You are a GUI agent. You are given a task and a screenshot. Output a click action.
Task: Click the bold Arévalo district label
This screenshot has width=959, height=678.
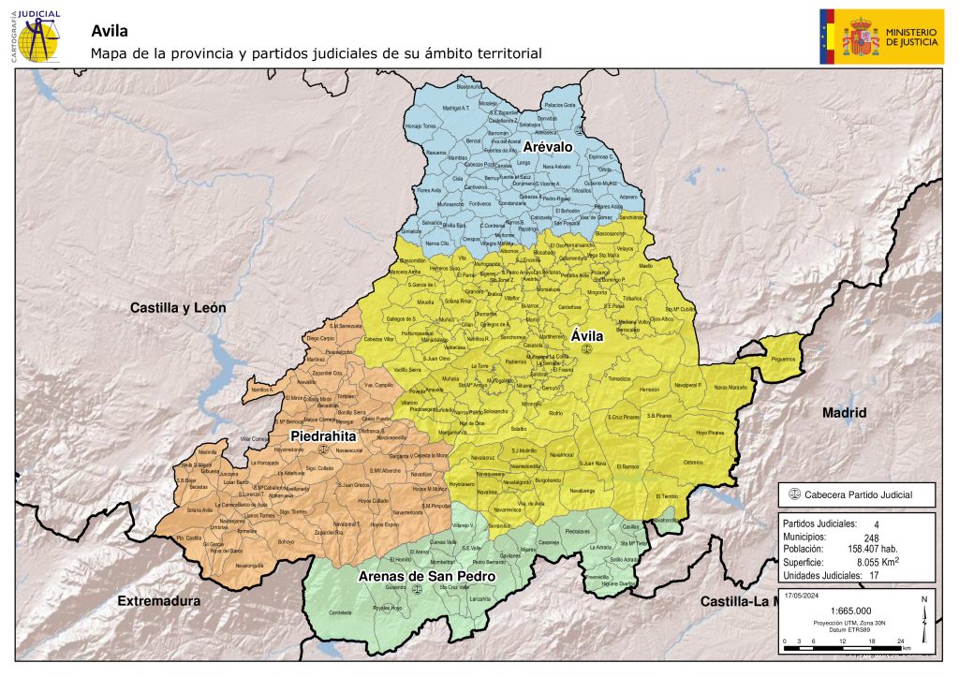pos(548,148)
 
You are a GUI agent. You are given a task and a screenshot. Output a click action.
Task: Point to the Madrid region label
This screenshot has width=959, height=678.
pos(845,412)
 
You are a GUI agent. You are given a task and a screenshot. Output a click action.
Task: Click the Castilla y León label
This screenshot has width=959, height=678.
pos(178,307)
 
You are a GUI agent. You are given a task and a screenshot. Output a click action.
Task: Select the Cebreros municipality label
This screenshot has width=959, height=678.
pos(692,462)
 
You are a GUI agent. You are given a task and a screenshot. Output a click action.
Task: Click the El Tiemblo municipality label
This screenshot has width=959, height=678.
pos(667,495)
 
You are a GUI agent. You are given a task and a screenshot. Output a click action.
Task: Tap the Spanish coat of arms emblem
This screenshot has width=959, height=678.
pos(859,37)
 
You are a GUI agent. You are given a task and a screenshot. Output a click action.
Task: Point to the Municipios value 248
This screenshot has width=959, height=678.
pos(876,538)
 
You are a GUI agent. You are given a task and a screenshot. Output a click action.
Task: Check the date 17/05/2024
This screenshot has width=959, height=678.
pos(802,594)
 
